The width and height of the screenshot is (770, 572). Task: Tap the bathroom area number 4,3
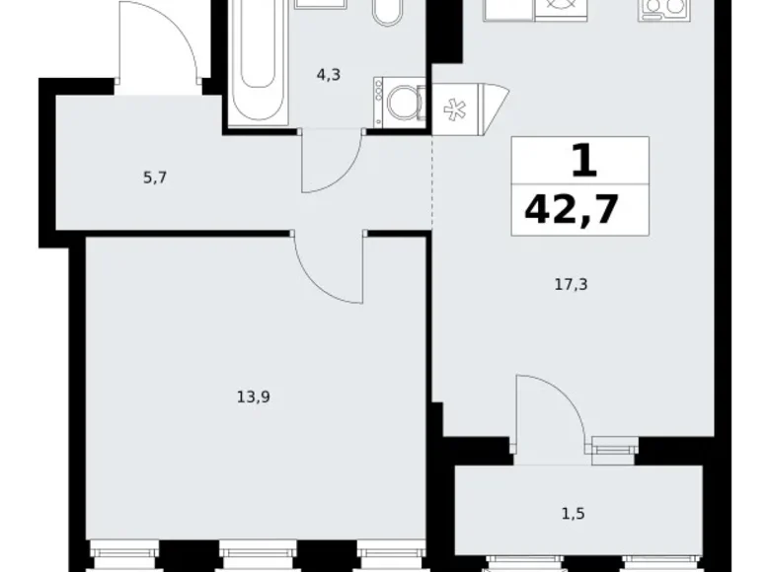[x=329, y=72]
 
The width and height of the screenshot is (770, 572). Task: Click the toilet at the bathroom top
[x=385, y=12]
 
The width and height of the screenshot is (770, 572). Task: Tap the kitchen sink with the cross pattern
[x=558, y=7]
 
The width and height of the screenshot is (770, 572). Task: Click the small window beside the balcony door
[x=613, y=447]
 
